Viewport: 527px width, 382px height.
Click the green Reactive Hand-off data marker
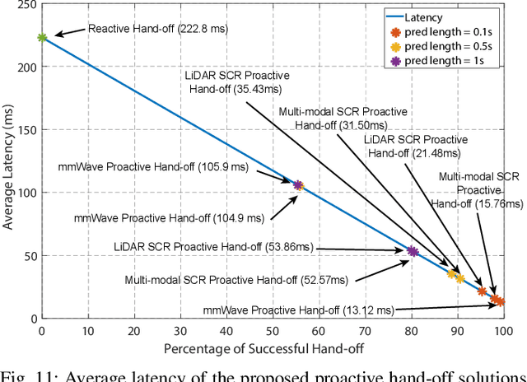pos(42,37)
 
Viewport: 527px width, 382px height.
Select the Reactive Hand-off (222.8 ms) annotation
pos(157,29)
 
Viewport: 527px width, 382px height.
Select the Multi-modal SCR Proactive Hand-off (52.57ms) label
pos(236,280)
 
